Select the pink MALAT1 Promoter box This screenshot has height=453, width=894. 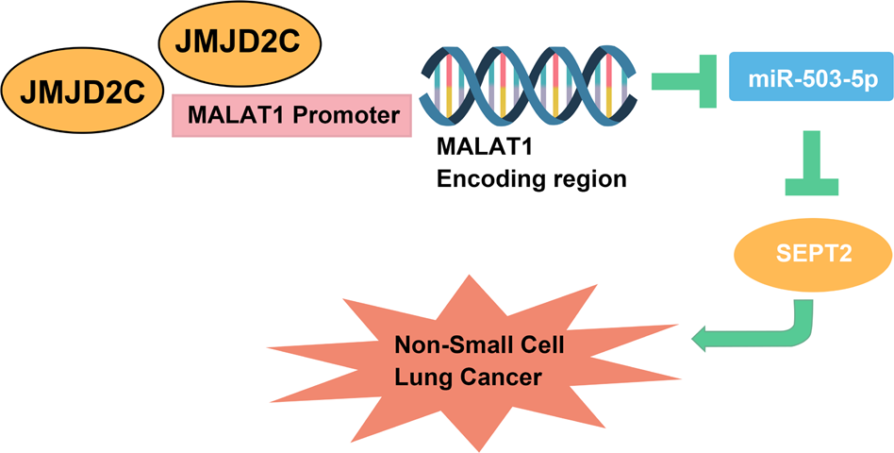pos(291,115)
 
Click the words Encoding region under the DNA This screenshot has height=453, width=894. pos(531,179)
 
